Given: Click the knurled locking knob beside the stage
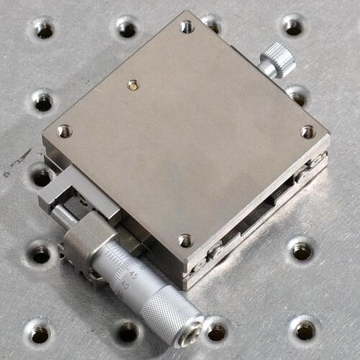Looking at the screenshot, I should pyautogui.click(x=278, y=59).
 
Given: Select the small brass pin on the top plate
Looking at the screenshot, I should pyautogui.click(x=132, y=85).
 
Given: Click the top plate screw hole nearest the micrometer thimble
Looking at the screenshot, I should pyautogui.click(x=185, y=240).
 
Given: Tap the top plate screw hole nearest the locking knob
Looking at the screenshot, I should pyautogui.click(x=186, y=27).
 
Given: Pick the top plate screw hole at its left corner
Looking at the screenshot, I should pyautogui.click(x=64, y=131).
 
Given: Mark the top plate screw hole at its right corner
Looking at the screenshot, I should pyautogui.click(x=307, y=132).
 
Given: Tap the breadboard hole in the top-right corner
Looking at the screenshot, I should pyautogui.click(x=292, y=26).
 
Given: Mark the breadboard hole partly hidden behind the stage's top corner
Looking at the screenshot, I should pyautogui.click(x=210, y=22).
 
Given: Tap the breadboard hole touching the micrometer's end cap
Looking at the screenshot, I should pyautogui.click(x=216, y=332).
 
